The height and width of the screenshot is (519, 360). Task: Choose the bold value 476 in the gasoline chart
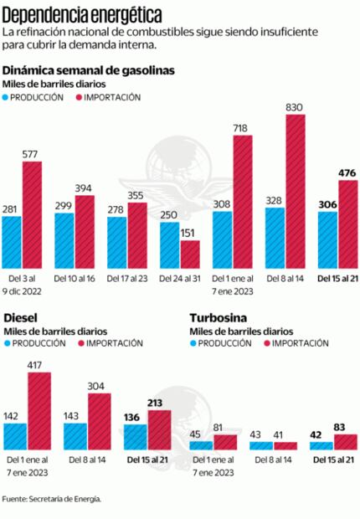(347, 172)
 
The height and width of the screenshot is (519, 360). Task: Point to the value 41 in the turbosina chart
(280, 434)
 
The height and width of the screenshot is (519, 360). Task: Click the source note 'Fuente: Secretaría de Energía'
(51, 499)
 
